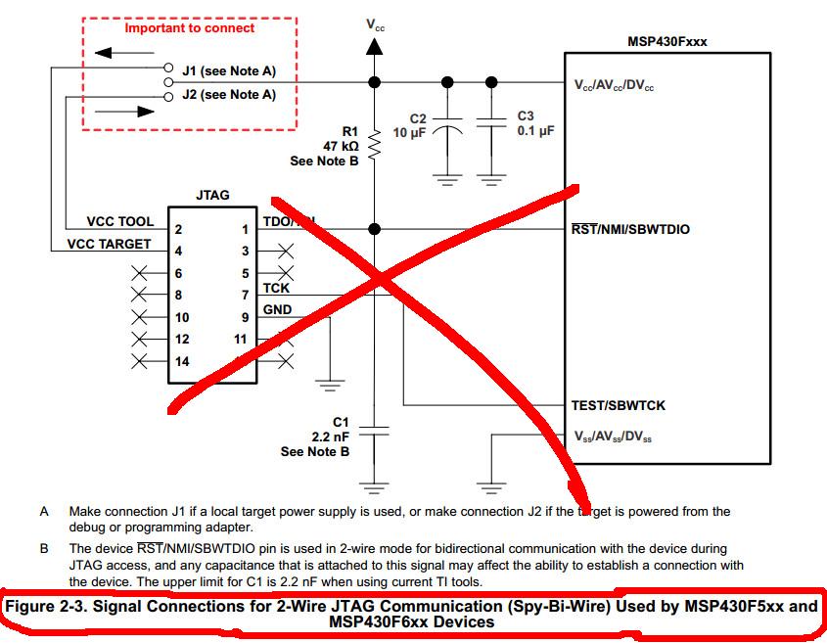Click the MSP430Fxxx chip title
pos(666,42)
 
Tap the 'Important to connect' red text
pos(189,28)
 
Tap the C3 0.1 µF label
pos(535,123)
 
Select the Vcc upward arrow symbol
pos(374,46)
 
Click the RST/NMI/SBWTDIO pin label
pos(630,230)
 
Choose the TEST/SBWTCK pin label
pos(619,405)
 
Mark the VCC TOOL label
pos(119,222)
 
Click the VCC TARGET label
pos(109,245)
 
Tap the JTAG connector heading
pos(212,195)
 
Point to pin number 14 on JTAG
pos(182,361)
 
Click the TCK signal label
pos(276,289)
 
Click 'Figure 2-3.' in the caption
pos(46,606)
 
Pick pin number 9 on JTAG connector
pos(245,317)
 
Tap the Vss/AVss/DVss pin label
pos(613,437)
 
